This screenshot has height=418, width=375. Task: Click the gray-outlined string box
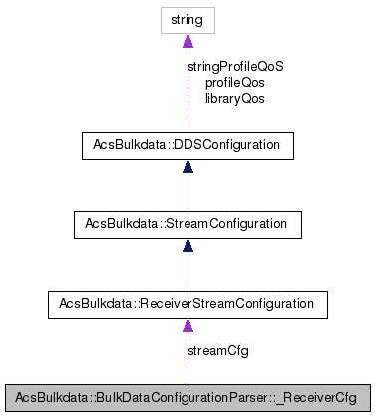point(187,20)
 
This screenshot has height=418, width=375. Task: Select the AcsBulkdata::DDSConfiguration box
point(187,146)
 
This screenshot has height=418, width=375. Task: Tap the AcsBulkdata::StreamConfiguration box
point(187,224)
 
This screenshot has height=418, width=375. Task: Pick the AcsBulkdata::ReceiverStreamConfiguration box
point(187,302)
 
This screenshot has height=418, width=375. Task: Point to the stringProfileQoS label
point(235,67)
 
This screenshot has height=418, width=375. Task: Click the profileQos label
point(234,83)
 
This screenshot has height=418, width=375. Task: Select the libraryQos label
point(234,99)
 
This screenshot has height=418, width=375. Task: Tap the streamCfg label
point(217,351)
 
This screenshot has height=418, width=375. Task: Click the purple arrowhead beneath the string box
point(187,41)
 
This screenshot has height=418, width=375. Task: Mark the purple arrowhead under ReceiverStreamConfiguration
point(187,324)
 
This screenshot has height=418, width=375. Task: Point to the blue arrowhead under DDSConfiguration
point(187,168)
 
